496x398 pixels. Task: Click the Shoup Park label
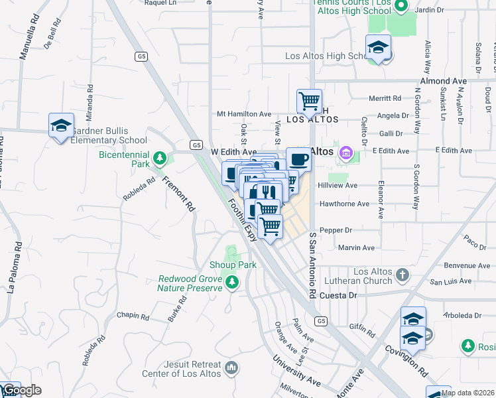coord(233,265)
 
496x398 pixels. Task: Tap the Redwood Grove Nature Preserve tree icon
coord(231,283)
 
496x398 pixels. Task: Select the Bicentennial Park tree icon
coord(159,158)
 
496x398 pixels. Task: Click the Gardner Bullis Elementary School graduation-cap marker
coord(60,125)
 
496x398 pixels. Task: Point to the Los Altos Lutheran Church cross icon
coord(402,275)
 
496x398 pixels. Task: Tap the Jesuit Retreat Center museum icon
coord(231,367)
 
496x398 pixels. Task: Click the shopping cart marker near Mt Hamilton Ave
coord(309,101)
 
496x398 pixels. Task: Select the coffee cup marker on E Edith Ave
coord(298,159)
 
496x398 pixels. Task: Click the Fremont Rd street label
coord(178,193)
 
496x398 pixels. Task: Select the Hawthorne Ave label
coord(343,204)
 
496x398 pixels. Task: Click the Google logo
coord(21,391)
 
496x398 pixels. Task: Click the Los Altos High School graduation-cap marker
coord(378,47)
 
